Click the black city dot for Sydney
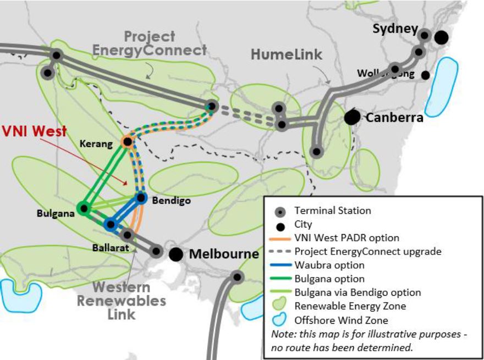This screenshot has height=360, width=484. tap(441, 37)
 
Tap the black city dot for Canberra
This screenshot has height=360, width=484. tap(353, 117)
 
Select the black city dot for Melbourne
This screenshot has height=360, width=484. tap(176, 254)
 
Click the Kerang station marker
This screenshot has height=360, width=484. tap(127, 142)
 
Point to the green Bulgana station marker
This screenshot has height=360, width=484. tap(83, 208)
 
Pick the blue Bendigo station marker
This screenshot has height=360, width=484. tap(141, 197)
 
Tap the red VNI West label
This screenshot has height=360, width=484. tap(34, 131)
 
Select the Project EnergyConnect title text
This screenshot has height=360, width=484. tap(149, 43)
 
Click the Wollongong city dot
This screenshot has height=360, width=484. tap(425, 75)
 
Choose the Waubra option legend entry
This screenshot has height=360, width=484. tap(329, 265)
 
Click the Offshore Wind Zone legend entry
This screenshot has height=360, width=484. tap(341, 320)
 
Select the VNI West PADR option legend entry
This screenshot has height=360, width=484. tap(346, 238)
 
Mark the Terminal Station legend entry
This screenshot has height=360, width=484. tap(332, 211)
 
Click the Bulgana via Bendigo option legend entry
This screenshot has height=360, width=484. tap(358, 292)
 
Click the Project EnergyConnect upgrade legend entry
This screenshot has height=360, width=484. tap(363, 252)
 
